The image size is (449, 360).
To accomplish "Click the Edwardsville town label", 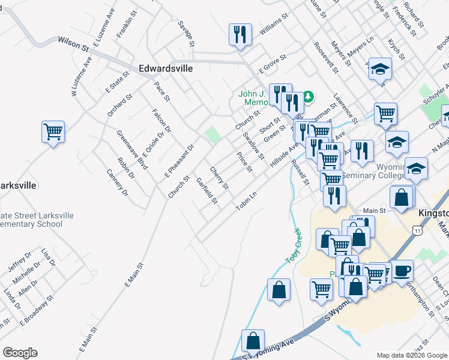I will pyautogui.click(x=166, y=68).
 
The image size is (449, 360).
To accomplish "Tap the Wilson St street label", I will pyautogui.click(x=73, y=43).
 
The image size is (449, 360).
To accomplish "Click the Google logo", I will pyautogui.click(x=20, y=353).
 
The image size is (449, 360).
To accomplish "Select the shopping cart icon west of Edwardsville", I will pyautogui.click(x=53, y=131).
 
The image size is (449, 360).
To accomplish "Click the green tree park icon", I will pyautogui.click(x=308, y=96).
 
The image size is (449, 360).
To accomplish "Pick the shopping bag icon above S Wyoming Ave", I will pyautogui.click(x=253, y=340).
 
